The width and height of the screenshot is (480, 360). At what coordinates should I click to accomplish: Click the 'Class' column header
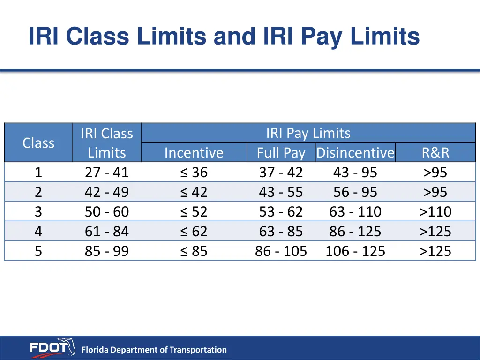[x=38, y=142]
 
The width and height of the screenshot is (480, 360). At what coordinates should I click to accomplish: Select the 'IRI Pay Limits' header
[x=308, y=133]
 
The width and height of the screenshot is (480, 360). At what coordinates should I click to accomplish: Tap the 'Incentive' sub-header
[x=194, y=153]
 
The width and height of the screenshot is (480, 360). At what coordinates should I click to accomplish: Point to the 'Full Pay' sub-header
[x=281, y=153]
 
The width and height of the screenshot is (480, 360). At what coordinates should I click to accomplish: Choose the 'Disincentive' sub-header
[x=355, y=153]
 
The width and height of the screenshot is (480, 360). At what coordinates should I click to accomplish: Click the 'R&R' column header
[x=435, y=153]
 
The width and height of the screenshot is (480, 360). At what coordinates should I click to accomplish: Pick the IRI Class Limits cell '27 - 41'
[x=107, y=172]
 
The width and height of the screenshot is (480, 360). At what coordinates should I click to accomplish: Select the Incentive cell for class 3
[x=194, y=212]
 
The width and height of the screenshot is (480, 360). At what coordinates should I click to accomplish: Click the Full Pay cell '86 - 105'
[x=281, y=251]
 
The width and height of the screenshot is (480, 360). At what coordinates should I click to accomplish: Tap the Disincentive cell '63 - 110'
[x=355, y=212]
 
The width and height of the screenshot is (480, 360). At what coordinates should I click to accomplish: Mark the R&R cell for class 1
[x=435, y=172]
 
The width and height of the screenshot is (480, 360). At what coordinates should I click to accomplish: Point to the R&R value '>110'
[x=435, y=212]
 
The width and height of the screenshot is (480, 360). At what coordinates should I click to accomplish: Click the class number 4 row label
[x=38, y=232]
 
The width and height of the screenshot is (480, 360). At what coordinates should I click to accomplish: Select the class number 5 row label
[x=38, y=251]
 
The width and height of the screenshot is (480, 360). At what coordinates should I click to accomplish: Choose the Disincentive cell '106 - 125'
[x=355, y=251]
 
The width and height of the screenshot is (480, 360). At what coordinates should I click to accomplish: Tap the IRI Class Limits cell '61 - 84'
[x=107, y=232]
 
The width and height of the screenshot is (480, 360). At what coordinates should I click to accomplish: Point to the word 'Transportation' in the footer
[x=198, y=350]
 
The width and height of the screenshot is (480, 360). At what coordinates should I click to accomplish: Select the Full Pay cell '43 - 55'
[x=281, y=192]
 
